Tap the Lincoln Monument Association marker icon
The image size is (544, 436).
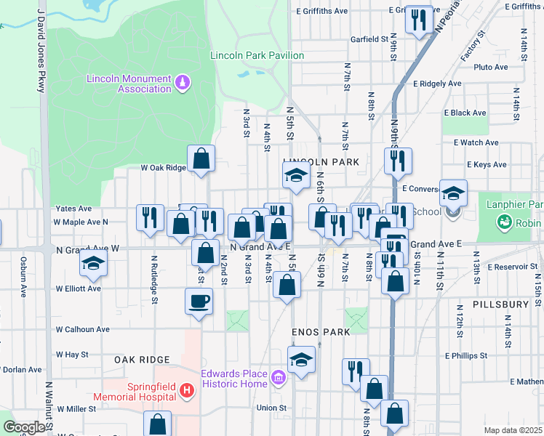point(183,82)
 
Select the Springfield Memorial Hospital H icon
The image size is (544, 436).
point(187,391)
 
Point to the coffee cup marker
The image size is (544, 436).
point(199,300)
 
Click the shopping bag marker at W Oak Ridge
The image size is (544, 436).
point(201,158)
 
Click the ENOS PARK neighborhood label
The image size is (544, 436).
point(321,331)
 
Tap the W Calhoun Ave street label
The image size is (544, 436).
point(83,329)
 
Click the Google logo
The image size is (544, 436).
point(24,427)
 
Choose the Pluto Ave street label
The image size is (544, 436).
point(491,67)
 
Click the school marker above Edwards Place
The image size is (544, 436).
point(301,360)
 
